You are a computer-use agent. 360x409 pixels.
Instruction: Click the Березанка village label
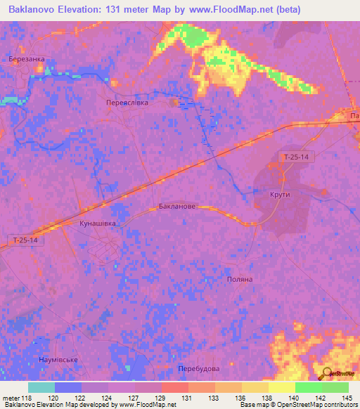[x=27, y=60]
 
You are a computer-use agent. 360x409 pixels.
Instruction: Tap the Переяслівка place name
[x=127, y=102]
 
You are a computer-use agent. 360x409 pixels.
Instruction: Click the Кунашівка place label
[x=97, y=223]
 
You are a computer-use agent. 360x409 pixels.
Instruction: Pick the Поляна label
[x=239, y=279]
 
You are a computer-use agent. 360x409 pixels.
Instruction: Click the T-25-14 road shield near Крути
[x=296, y=157]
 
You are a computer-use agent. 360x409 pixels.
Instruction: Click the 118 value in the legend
[x=27, y=398]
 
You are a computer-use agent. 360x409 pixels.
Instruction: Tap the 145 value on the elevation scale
[x=345, y=398]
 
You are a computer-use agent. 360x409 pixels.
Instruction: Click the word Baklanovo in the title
[x=37, y=10]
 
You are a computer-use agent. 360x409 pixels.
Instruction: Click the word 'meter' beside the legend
[x=10, y=398]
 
